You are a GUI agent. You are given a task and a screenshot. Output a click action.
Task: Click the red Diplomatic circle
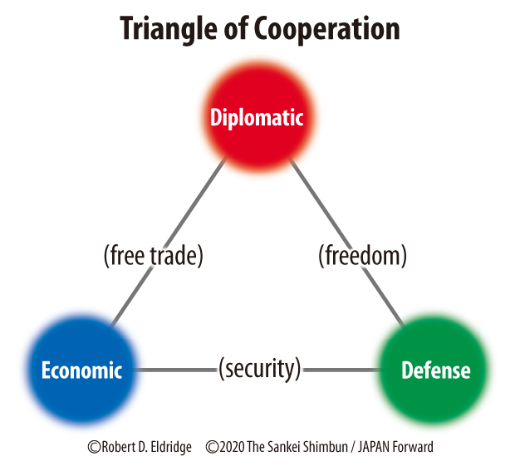pyautogui.click(x=257, y=118)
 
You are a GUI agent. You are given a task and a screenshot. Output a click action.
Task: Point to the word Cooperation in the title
pyautogui.click(x=331, y=28)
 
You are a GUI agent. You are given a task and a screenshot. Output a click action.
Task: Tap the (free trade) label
pyautogui.click(x=154, y=256)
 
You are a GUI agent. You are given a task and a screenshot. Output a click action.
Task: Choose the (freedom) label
pyautogui.click(x=362, y=256)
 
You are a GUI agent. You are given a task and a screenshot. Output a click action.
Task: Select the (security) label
pyautogui.click(x=258, y=368)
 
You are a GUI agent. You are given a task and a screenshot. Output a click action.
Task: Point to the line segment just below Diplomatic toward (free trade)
pyautogui.click(x=208, y=187)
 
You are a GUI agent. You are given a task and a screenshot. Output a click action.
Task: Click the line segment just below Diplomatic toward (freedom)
pyautogui.click(x=307, y=187)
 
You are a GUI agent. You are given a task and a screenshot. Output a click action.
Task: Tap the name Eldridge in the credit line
pyautogui.click(x=166, y=447)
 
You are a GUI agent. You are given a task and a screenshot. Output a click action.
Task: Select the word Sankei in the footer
pyautogui.click(x=292, y=447)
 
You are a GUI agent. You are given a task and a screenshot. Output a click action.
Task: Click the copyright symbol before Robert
pyautogui.click(x=95, y=447)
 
